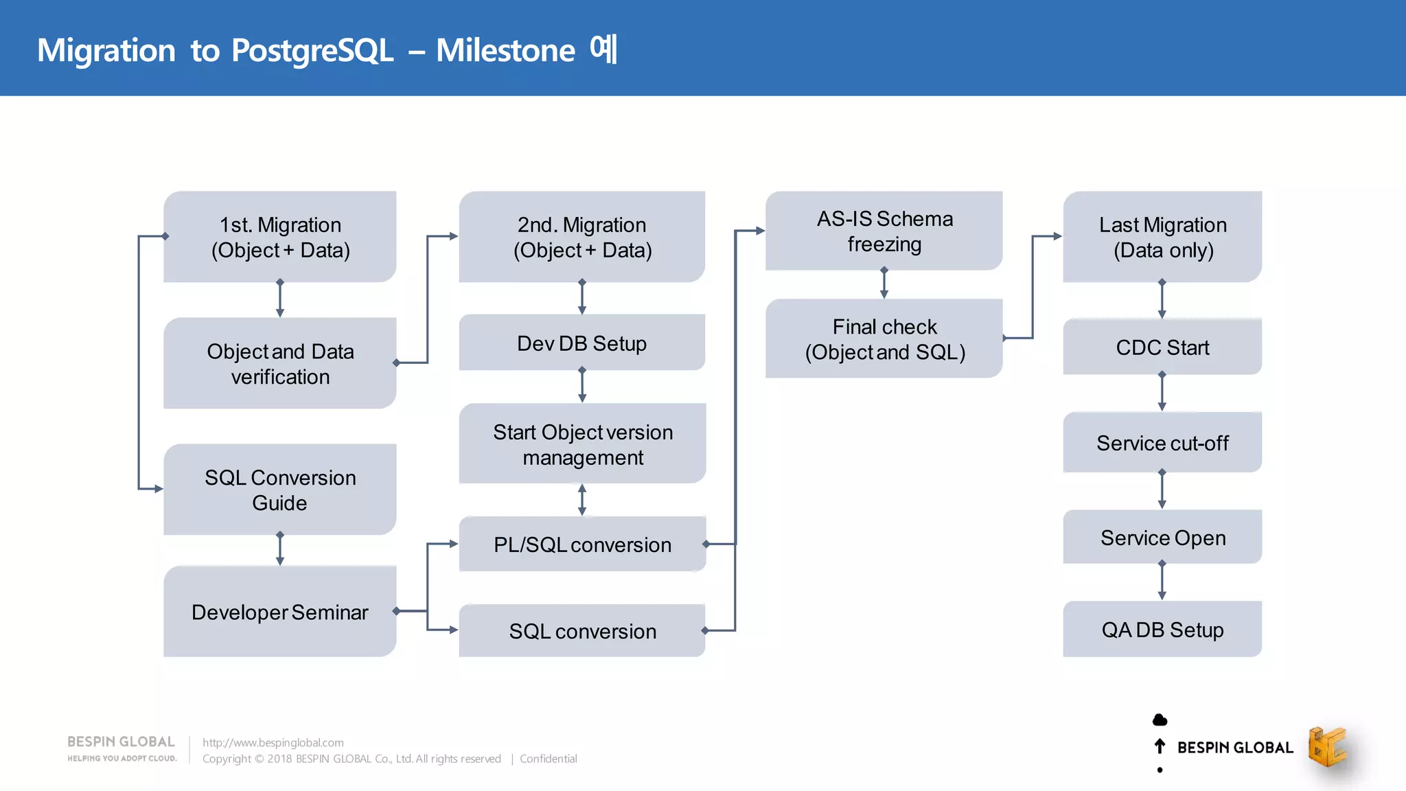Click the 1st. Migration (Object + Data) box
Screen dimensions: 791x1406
(280, 237)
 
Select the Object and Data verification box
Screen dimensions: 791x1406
(280, 363)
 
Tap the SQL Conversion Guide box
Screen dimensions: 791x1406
(280, 490)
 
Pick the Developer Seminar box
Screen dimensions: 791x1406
(280, 612)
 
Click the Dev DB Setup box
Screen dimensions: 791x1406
(581, 343)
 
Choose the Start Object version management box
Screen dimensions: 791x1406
(582, 444)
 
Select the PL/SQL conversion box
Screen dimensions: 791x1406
(582, 544)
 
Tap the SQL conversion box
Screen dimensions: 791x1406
(582, 631)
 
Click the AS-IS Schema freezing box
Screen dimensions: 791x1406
(884, 231)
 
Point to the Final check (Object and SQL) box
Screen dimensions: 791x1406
(884, 339)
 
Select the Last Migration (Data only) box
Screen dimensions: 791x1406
(1162, 237)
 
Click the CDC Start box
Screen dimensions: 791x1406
(1162, 347)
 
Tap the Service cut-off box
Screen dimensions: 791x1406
(1162, 443)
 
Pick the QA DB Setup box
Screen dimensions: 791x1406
(1162, 630)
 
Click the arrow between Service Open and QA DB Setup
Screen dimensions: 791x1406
(1162, 581)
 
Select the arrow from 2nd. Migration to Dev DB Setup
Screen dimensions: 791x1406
(582, 297)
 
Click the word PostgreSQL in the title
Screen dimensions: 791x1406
(312, 50)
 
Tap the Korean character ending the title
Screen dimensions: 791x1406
(603, 49)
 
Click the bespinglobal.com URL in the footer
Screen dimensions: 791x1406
(273, 742)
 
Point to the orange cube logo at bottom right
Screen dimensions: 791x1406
(1326, 746)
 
